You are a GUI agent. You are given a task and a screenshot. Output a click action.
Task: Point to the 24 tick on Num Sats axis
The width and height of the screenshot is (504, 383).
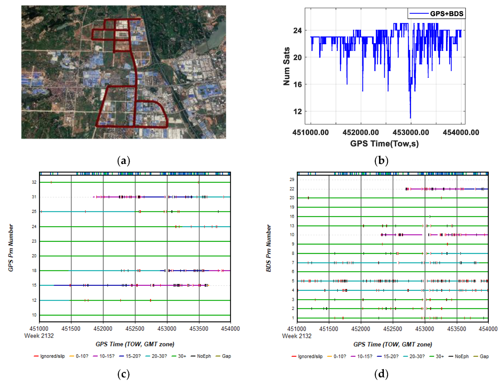pos(297,30)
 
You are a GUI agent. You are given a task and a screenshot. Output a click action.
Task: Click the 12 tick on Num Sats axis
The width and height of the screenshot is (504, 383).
pos(297,111)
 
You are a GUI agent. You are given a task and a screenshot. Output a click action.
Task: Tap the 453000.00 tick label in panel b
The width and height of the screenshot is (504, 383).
pos(411,132)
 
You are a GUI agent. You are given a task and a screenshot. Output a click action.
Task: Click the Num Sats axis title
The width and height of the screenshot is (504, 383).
pos(287,66)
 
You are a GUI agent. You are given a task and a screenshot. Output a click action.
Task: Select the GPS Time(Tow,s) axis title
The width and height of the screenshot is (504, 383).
pos(384,144)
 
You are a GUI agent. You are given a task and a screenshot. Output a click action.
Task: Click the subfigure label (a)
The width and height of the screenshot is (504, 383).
pos(124,160)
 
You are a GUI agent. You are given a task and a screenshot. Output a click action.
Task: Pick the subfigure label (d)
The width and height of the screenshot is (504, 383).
pos(381,374)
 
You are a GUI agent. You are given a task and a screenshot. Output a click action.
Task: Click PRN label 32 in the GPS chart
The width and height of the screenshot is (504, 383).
pos(34,182)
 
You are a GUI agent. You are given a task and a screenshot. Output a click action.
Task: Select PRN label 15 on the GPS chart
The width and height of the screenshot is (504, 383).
pos(34,285)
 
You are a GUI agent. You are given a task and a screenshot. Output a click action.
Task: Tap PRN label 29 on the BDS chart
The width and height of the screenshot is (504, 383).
pos(292,179)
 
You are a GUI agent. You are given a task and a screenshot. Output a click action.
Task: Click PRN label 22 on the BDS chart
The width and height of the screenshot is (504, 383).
pos(292,189)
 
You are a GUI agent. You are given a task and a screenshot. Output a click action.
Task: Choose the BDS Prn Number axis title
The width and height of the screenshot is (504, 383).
pos(268,248)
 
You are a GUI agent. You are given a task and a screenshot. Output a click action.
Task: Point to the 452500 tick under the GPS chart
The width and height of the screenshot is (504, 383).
pos(135,329)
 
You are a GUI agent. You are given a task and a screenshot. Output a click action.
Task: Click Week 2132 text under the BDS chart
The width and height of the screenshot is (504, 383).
pos(297,336)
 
